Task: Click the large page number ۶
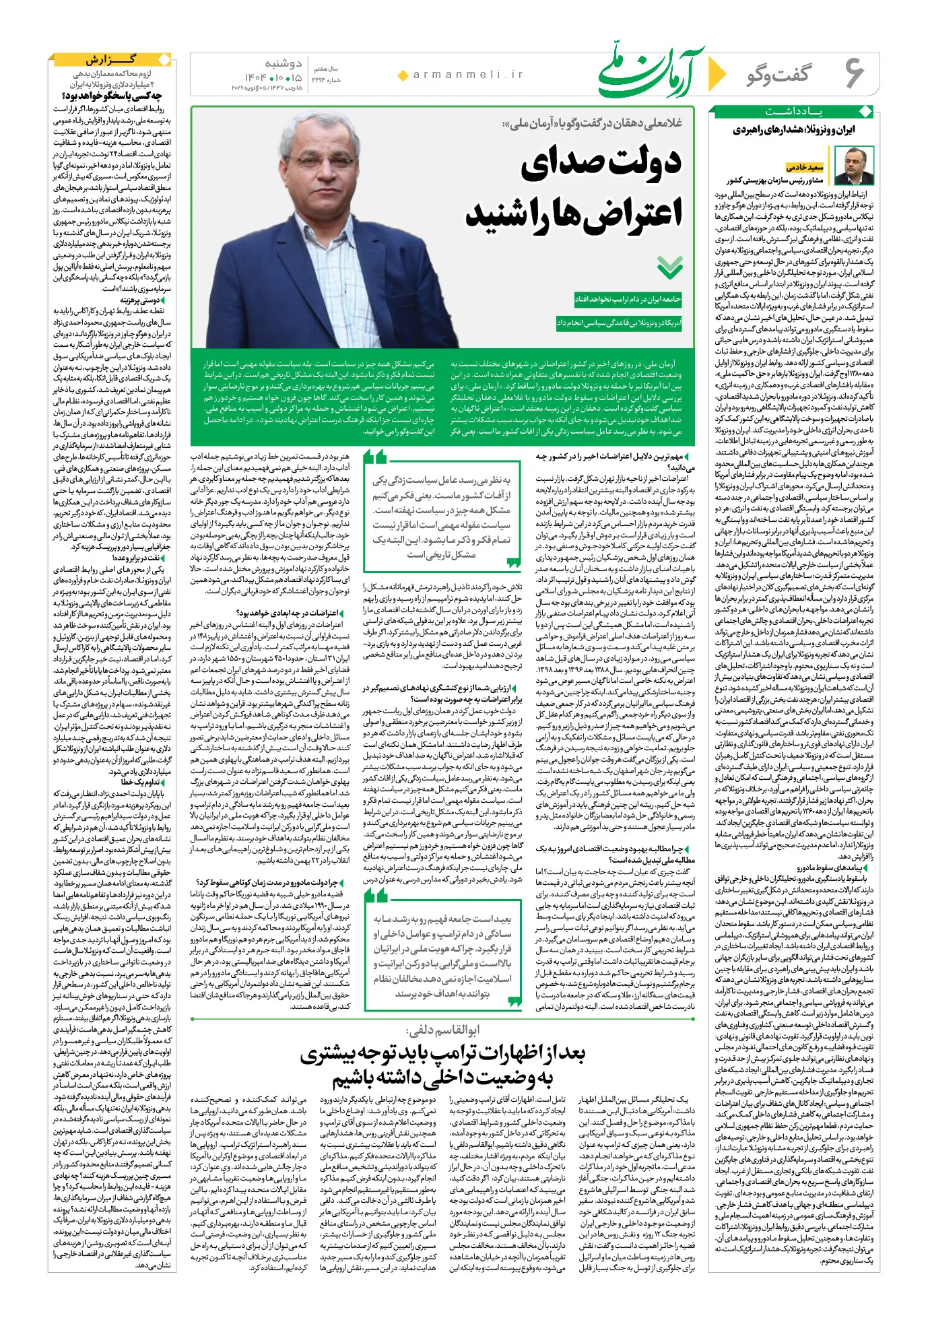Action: tap(854, 73)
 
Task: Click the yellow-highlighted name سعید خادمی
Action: tap(805, 167)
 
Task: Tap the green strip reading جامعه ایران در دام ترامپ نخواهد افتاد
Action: tap(627, 299)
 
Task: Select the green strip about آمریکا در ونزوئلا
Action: tap(619, 323)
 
